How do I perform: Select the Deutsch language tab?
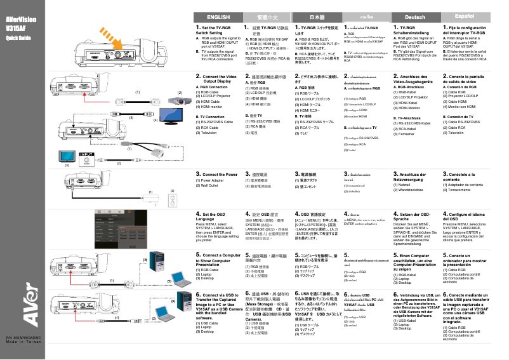pos(415,17)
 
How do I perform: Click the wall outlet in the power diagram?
pos(171,201)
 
